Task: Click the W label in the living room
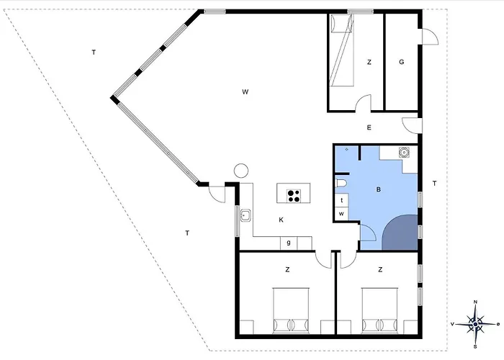click(x=246, y=92)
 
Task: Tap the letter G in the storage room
click(x=402, y=62)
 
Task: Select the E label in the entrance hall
click(x=369, y=127)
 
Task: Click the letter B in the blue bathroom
click(x=378, y=189)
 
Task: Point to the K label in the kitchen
click(x=282, y=220)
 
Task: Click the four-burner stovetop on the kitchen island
click(x=294, y=196)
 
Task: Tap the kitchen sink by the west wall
click(x=246, y=215)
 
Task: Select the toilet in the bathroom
click(x=341, y=183)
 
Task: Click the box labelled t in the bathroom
click(x=341, y=200)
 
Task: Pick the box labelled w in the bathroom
click(x=341, y=214)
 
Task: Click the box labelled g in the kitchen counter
click(x=289, y=243)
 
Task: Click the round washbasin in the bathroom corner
click(x=404, y=153)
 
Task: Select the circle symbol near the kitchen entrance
click(x=241, y=171)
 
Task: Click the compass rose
click(x=475, y=324)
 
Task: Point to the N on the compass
click(x=476, y=302)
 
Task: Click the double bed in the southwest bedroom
click(x=291, y=310)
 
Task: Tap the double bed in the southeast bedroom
click(x=380, y=310)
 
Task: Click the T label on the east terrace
click(x=435, y=184)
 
